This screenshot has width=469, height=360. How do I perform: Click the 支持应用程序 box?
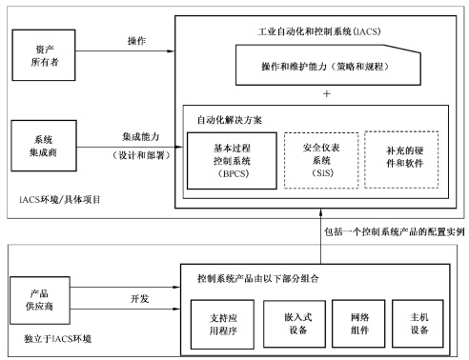[228, 322]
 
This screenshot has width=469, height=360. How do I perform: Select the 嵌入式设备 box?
[294, 322]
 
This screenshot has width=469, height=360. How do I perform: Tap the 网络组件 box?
[357, 322]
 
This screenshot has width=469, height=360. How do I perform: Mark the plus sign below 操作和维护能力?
[326, 94]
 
